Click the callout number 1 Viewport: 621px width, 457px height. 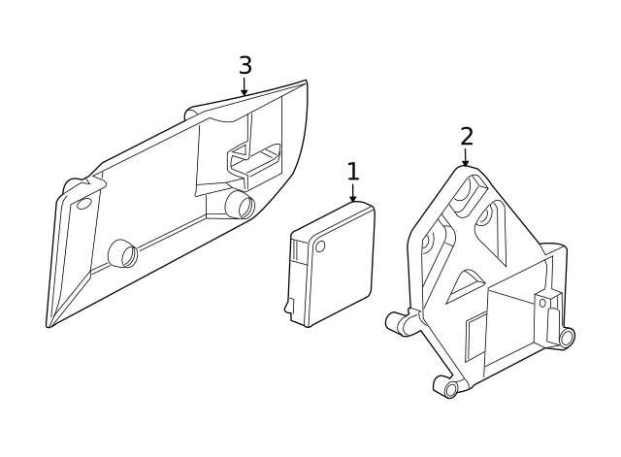[352, 172]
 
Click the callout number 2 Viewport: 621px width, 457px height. [467, 137]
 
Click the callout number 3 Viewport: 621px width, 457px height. [245, 66]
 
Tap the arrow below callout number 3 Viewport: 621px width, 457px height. [245, 88]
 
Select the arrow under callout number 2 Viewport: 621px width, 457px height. [466, 158]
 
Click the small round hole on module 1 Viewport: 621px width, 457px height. [320, 246]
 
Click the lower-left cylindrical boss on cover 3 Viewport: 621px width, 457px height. [124, 252]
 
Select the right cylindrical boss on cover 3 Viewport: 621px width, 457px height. [239, 203]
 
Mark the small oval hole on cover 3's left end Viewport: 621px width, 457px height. [83, 203]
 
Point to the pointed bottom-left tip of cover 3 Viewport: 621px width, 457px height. [49, 324]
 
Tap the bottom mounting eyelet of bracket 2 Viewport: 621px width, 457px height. [449, 388]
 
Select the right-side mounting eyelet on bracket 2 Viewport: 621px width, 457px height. [566, 337]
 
